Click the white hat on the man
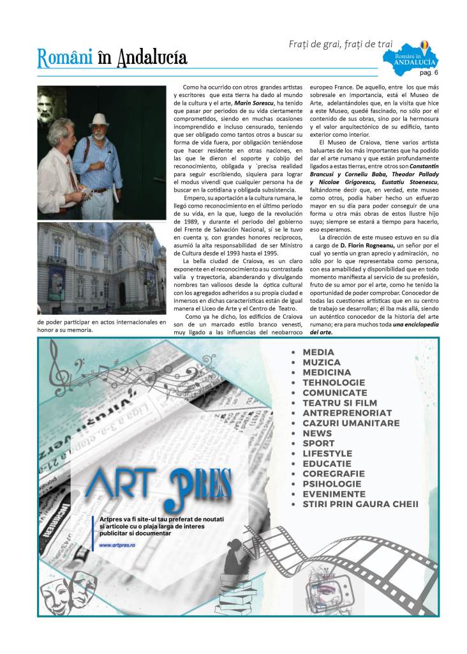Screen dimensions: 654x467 tap(100, 119)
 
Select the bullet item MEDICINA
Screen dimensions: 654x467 tap(327, 372)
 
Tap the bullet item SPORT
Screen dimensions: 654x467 tap(318, 443)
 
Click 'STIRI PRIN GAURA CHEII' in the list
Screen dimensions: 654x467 tap(360, 504)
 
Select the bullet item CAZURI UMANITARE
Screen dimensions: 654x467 tap(351, 423)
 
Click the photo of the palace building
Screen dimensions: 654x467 tap(101, 268)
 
